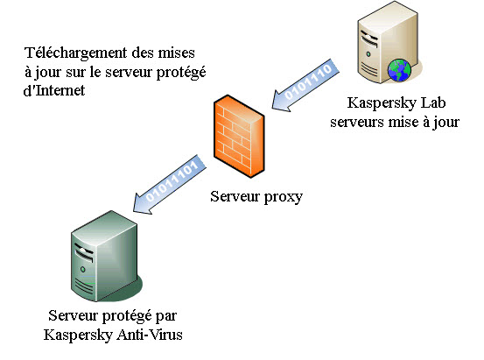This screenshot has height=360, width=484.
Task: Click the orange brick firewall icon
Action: (x=238, y=138)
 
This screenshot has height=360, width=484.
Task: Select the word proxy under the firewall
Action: (x=282, y=196)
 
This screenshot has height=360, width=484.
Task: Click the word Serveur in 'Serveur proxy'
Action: (x=235, y=196)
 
